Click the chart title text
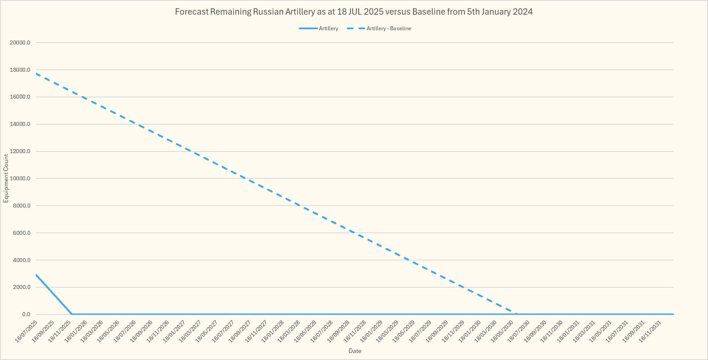pos(354,12)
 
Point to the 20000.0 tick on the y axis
pos(21,43)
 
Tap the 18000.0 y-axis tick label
pos(21,70)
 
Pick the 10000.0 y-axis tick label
pos(21,178)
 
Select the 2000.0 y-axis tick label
pos(22,287)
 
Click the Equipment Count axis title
pos(6,178)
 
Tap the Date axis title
pos(354,351)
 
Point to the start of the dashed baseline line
pos(36,73)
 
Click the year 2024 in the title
pos(522,12)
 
